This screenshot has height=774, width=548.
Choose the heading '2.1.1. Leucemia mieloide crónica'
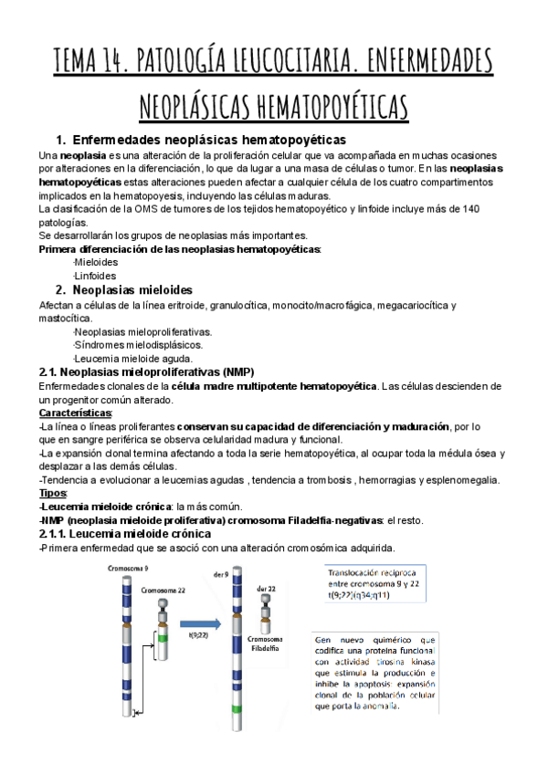tap(125, 534)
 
